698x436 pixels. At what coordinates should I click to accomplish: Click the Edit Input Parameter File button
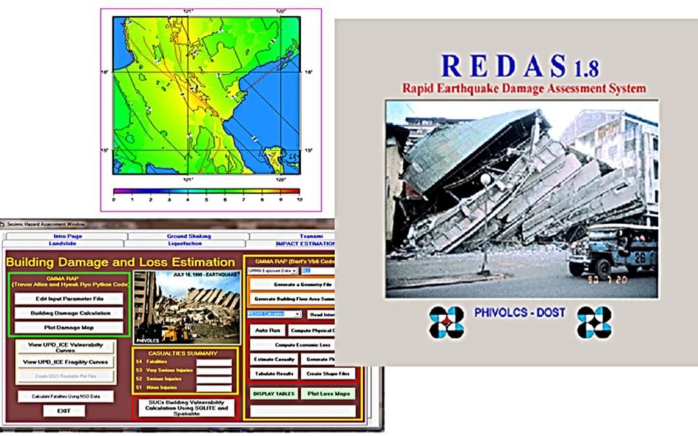69,299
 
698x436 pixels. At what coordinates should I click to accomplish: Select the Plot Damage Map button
69,327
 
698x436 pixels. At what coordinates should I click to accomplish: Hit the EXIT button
64,411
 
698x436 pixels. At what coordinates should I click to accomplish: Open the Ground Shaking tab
189,236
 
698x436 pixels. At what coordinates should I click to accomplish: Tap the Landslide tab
65,244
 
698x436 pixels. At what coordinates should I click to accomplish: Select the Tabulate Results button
274,374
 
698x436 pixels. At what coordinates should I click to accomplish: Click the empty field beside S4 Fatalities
214,363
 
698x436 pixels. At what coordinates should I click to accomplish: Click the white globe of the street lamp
485,179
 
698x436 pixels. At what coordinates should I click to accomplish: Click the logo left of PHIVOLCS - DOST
447,322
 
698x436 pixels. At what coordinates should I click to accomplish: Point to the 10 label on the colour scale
299,200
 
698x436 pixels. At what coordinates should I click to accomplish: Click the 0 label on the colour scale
114,200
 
